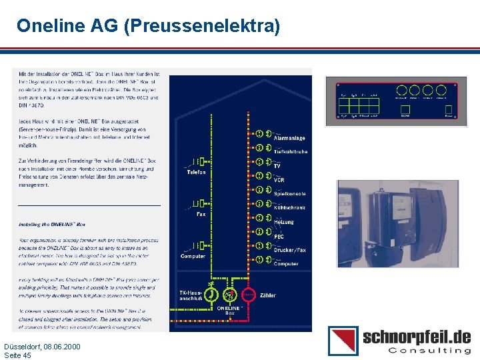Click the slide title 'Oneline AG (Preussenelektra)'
pyautogui.click(x=148, y=26)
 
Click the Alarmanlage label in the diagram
pyautogui.click(x=290, y=138)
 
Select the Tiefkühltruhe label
pyautogui.click(x=291, y=152)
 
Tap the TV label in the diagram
pyautogui.click(x=277, y=165)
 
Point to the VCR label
pyautogui.click(x=279, y=179)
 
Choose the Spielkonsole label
pyautogui.click(x=290, y=193)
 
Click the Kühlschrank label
pyautogui.click(x=290, y=207)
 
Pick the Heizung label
pyautogui.click(x=284, y=221)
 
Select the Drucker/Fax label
pyautogui.click(x=290, y=250)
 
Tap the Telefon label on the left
pyautogui.click(x=196, y=172)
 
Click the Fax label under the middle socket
pyautogui.click(x=201, y=214)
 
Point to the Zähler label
pyautogui.click(x=267, y=295)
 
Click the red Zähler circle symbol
pyautogui.click(x=248, y=294)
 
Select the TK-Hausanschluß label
pyautogui.click(x=191, y=295)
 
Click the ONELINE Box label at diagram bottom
pyautogui.click(x=229, y=310)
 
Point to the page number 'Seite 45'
pyautogui.click(x=18, y=355)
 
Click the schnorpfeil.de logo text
pyautogui.click(x=416, y=336)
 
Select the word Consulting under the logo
pyautogui.click(x=429, y=350)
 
